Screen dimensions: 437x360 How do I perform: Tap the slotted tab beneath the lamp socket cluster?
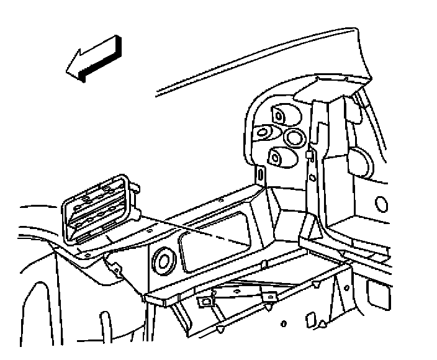click(261, 175)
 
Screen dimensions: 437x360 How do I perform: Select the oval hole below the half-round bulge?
click(382, 204)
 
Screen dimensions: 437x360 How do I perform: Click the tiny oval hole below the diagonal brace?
click(283, 324)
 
